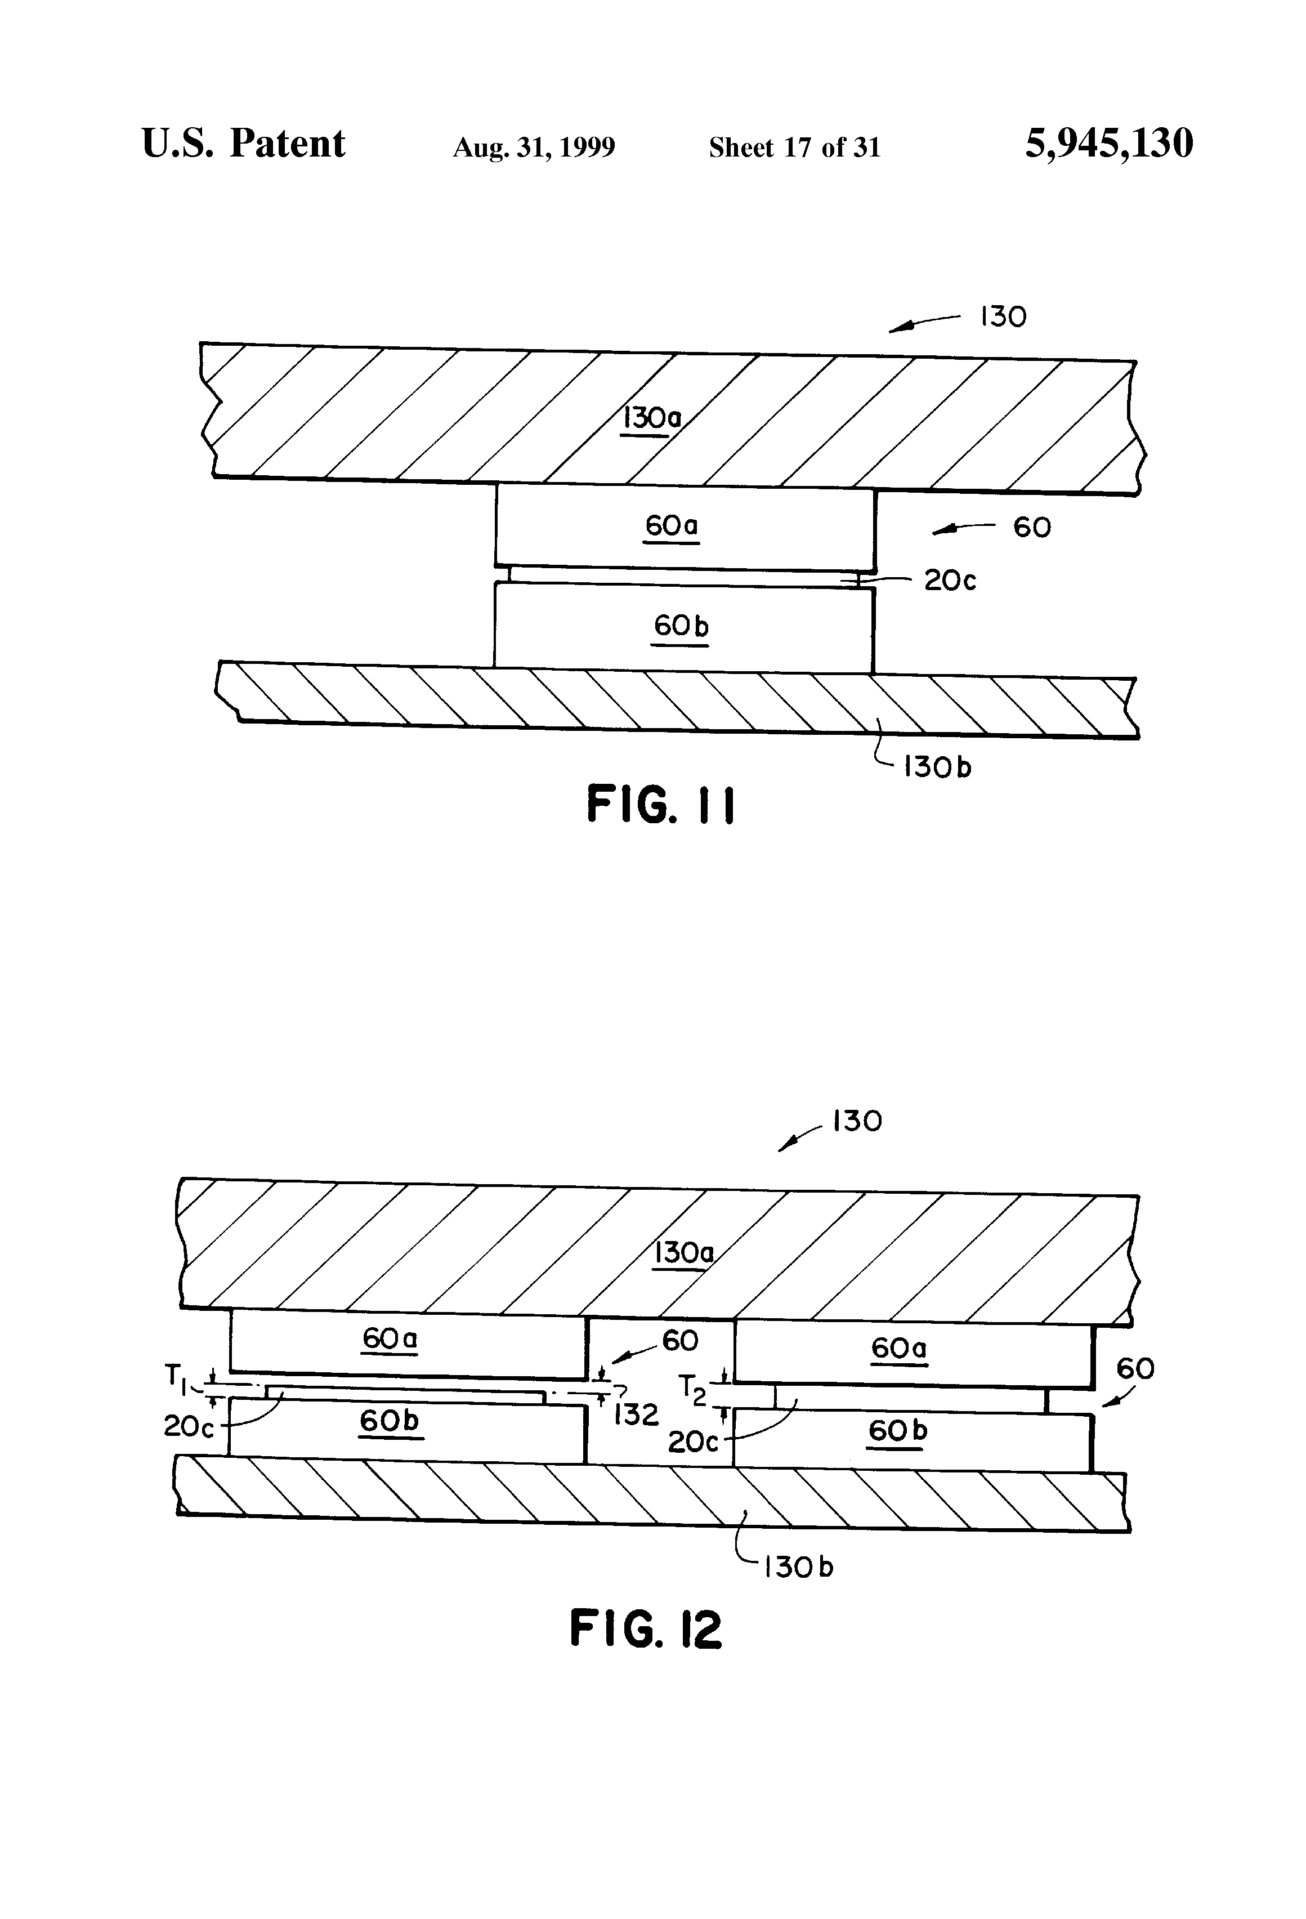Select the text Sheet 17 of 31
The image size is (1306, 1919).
click(794, 148)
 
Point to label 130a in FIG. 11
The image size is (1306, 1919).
click(651, 418)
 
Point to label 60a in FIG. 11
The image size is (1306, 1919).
click(671, 525)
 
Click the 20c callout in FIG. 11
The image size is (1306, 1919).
click(949, 581)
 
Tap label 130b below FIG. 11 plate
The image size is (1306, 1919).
click(937, 767)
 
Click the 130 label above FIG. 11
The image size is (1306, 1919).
click(1003, 317)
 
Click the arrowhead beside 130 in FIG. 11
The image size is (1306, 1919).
click(900, 329)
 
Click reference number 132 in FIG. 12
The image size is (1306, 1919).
click(636, 1415)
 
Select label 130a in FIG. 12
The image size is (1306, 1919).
click(683, 1253)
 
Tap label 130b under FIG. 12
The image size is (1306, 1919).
click(798, 1567)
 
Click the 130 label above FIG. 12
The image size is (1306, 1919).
click(857, 1121)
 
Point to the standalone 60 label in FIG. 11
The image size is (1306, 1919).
click(1031, 528)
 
